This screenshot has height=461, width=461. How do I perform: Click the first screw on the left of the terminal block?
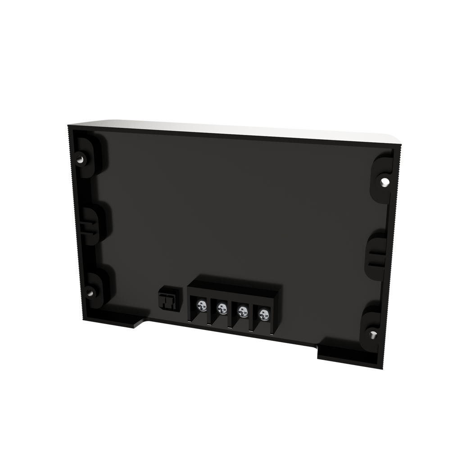tap(202, 306)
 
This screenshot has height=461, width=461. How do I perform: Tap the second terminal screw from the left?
tap(222, 308)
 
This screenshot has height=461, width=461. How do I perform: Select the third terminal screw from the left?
tap(243, 311)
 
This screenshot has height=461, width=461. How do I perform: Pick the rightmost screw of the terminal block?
tap(262, 313)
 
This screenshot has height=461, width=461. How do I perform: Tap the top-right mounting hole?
tap(384, 182)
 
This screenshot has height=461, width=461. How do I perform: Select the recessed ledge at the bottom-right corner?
tap(342, 358)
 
